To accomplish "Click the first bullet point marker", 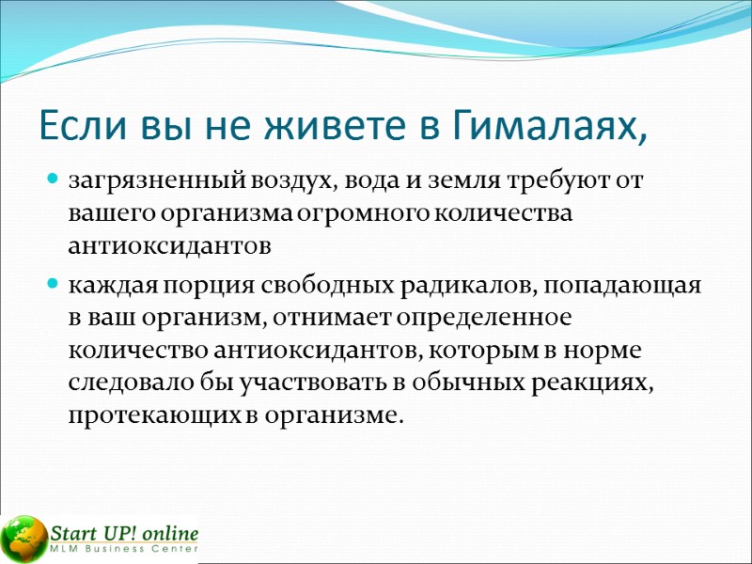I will click(x=53, y=179).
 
